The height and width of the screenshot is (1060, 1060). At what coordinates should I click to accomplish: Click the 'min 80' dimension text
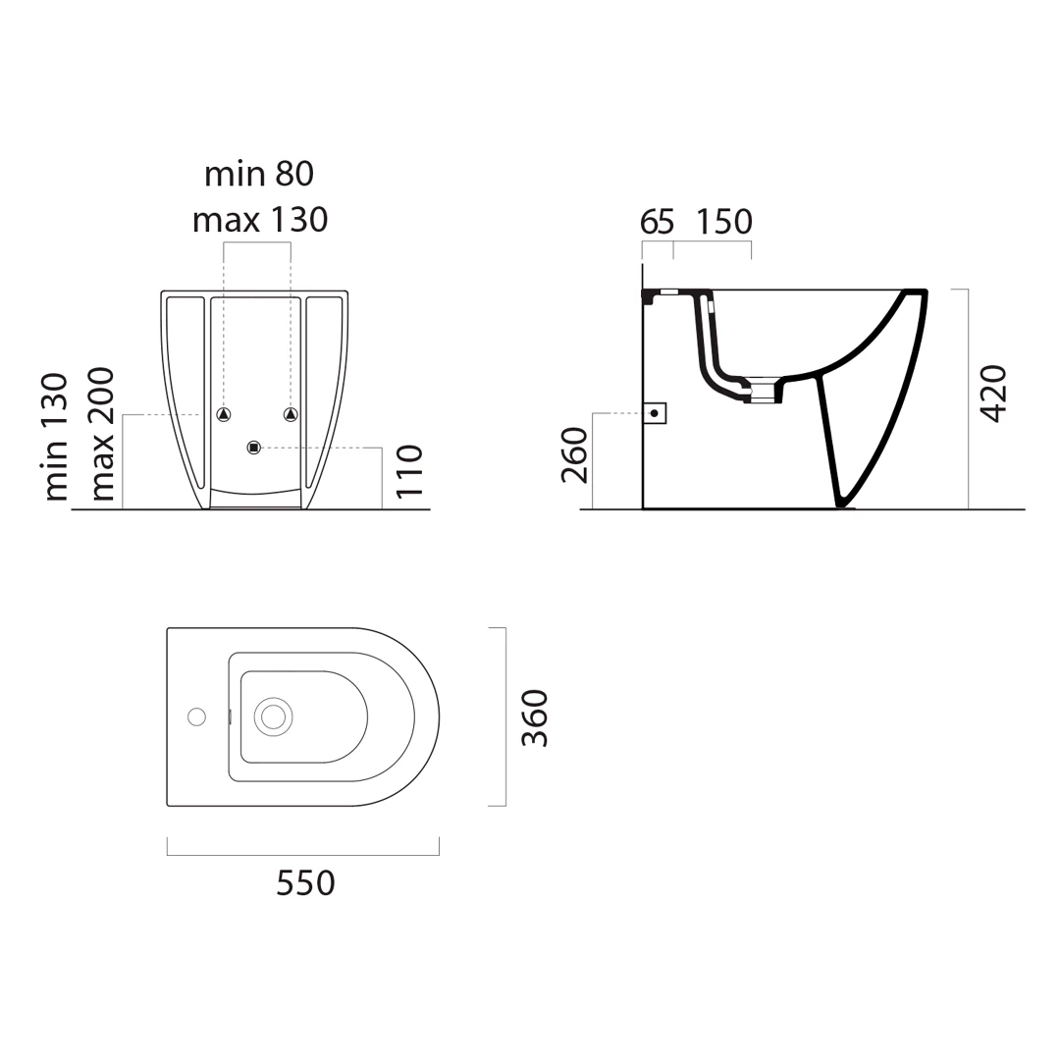coord(259,174)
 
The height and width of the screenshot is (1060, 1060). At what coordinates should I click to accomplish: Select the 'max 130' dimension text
coord(260,220)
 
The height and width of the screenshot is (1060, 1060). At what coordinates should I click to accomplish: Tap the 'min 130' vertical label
coord(56,437)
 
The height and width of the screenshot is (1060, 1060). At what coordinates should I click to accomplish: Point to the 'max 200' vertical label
coord(101,434)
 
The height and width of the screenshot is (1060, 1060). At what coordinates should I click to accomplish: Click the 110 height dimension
coord(409,471)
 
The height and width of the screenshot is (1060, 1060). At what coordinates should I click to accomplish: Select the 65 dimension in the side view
coord(657,222)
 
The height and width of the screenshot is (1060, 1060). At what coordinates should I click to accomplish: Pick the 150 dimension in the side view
coord(724,222)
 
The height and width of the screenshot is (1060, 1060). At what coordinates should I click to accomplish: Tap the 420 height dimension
coord(993,394)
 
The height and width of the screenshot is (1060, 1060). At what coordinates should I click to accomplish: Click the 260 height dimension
coord(574,455)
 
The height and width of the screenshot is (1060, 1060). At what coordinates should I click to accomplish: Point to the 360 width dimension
coord(535,717)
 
